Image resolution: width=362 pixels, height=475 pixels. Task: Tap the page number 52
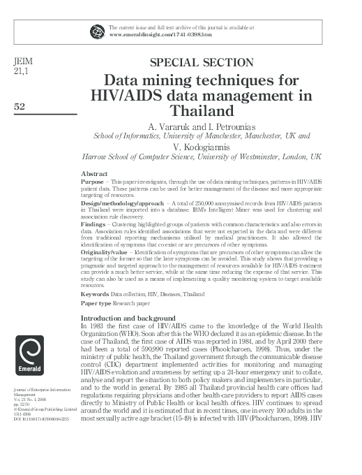click(x=20, y=105)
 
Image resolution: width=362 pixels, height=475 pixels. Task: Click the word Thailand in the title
click(x=202, y=110)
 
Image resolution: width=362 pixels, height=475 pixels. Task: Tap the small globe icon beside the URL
click(x=96, y=30)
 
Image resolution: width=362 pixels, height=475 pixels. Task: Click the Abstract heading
click(x=94, y=173)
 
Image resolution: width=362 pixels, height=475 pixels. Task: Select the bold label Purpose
click(x=94, y=180)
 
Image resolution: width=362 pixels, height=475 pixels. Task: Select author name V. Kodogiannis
click(x=202, y=147)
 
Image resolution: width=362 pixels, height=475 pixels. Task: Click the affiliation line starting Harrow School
click(x=202, y=158)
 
